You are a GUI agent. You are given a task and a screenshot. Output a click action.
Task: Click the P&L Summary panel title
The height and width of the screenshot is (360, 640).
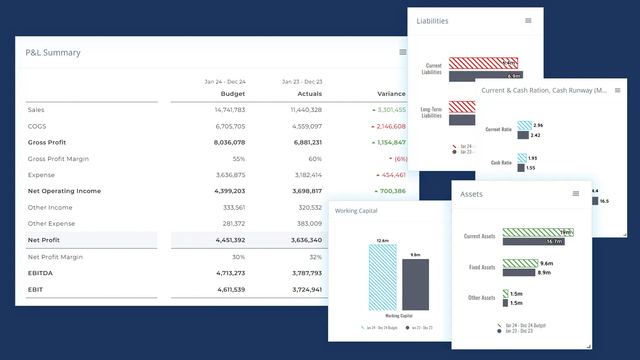click(53, 53)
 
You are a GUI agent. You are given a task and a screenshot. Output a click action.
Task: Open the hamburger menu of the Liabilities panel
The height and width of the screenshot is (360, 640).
click(528, 21)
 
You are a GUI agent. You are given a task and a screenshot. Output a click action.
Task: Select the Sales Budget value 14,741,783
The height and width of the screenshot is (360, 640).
click(229, 110)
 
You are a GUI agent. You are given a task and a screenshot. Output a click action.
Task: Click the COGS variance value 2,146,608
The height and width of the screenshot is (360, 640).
click(391, 127)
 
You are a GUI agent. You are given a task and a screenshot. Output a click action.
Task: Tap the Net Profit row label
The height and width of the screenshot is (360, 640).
click(44, 240)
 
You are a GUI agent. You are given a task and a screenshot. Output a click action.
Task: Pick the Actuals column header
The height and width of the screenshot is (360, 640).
click(310, 94)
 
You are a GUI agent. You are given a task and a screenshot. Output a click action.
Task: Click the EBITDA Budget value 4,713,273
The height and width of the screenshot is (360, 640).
click(230, 273)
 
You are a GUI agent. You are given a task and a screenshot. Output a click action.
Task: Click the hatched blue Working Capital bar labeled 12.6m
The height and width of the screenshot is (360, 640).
click(382, 277)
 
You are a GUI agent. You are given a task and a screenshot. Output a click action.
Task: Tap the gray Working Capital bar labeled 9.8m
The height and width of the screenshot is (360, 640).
click(415, 284)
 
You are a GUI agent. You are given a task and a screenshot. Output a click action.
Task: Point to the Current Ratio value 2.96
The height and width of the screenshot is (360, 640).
click(538, 126)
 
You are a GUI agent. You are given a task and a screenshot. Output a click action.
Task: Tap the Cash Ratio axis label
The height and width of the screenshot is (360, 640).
click(501, 163)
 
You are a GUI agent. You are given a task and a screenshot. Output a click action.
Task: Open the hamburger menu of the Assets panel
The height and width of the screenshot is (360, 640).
click(576, 194)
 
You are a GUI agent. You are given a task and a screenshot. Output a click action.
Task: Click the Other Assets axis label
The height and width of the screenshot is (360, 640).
click(481, 298)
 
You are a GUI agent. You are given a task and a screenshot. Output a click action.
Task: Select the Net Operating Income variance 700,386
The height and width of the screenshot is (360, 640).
click(393, 191)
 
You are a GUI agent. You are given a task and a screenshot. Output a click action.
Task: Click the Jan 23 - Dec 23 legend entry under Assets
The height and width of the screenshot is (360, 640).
click(518, 331)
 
